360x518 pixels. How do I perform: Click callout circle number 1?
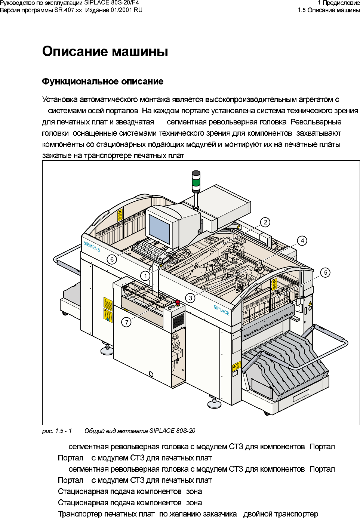tap(145, 276)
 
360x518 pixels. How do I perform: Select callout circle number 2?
tap(265, 222)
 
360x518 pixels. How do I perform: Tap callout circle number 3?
tap(191, 298)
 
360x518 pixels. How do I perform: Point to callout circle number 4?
tap(302, 241)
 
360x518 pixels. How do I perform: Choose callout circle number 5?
tap(326, 272)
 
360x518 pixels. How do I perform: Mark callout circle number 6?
tap(112, 259)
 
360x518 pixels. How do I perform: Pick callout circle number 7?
tap(127, 322)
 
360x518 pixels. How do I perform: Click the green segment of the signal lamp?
tap(196, 183)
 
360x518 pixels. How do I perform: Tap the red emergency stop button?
tap(178, 302)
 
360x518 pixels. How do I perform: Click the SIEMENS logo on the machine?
tap(92, 246)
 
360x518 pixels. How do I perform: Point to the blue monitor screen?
tap(159, 229)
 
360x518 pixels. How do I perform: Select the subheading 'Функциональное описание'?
tap(103, 81)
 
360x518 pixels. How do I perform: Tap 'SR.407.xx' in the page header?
tap(68, 10)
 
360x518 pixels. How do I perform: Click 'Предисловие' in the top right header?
tap(341, 3)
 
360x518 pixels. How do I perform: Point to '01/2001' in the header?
tap(121, 10)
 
